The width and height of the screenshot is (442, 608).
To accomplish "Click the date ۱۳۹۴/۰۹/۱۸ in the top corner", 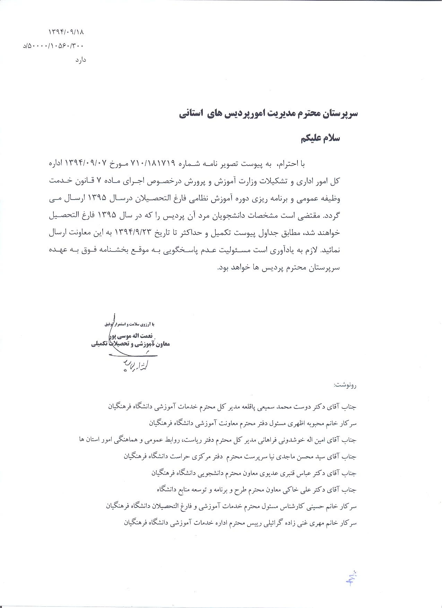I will tap(66, 32).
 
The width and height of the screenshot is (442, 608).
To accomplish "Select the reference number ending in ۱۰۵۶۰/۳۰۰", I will tap(54, 46).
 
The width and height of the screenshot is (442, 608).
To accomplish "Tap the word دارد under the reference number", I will tap(80, 60).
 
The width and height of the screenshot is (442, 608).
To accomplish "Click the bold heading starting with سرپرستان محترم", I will tap(268, 114).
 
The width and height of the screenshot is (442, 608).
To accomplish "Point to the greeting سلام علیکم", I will tap(320, 138).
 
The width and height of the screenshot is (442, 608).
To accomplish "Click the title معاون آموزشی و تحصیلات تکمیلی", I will tap(131, 344).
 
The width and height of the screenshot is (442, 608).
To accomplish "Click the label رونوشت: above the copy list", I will tap(345, 385).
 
